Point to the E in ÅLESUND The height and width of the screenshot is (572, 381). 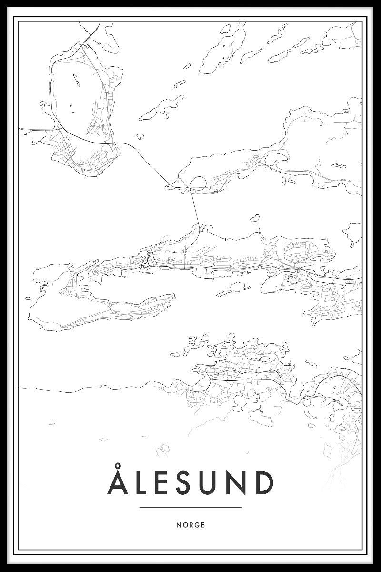coord(165,483)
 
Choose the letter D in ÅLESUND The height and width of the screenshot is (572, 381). coord(265,483)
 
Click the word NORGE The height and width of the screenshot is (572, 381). coord(190,525)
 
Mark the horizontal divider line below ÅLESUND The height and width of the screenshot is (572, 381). coord(190,507)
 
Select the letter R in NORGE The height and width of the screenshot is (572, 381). coord(190,525)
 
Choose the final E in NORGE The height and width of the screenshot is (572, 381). coord(203,525)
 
